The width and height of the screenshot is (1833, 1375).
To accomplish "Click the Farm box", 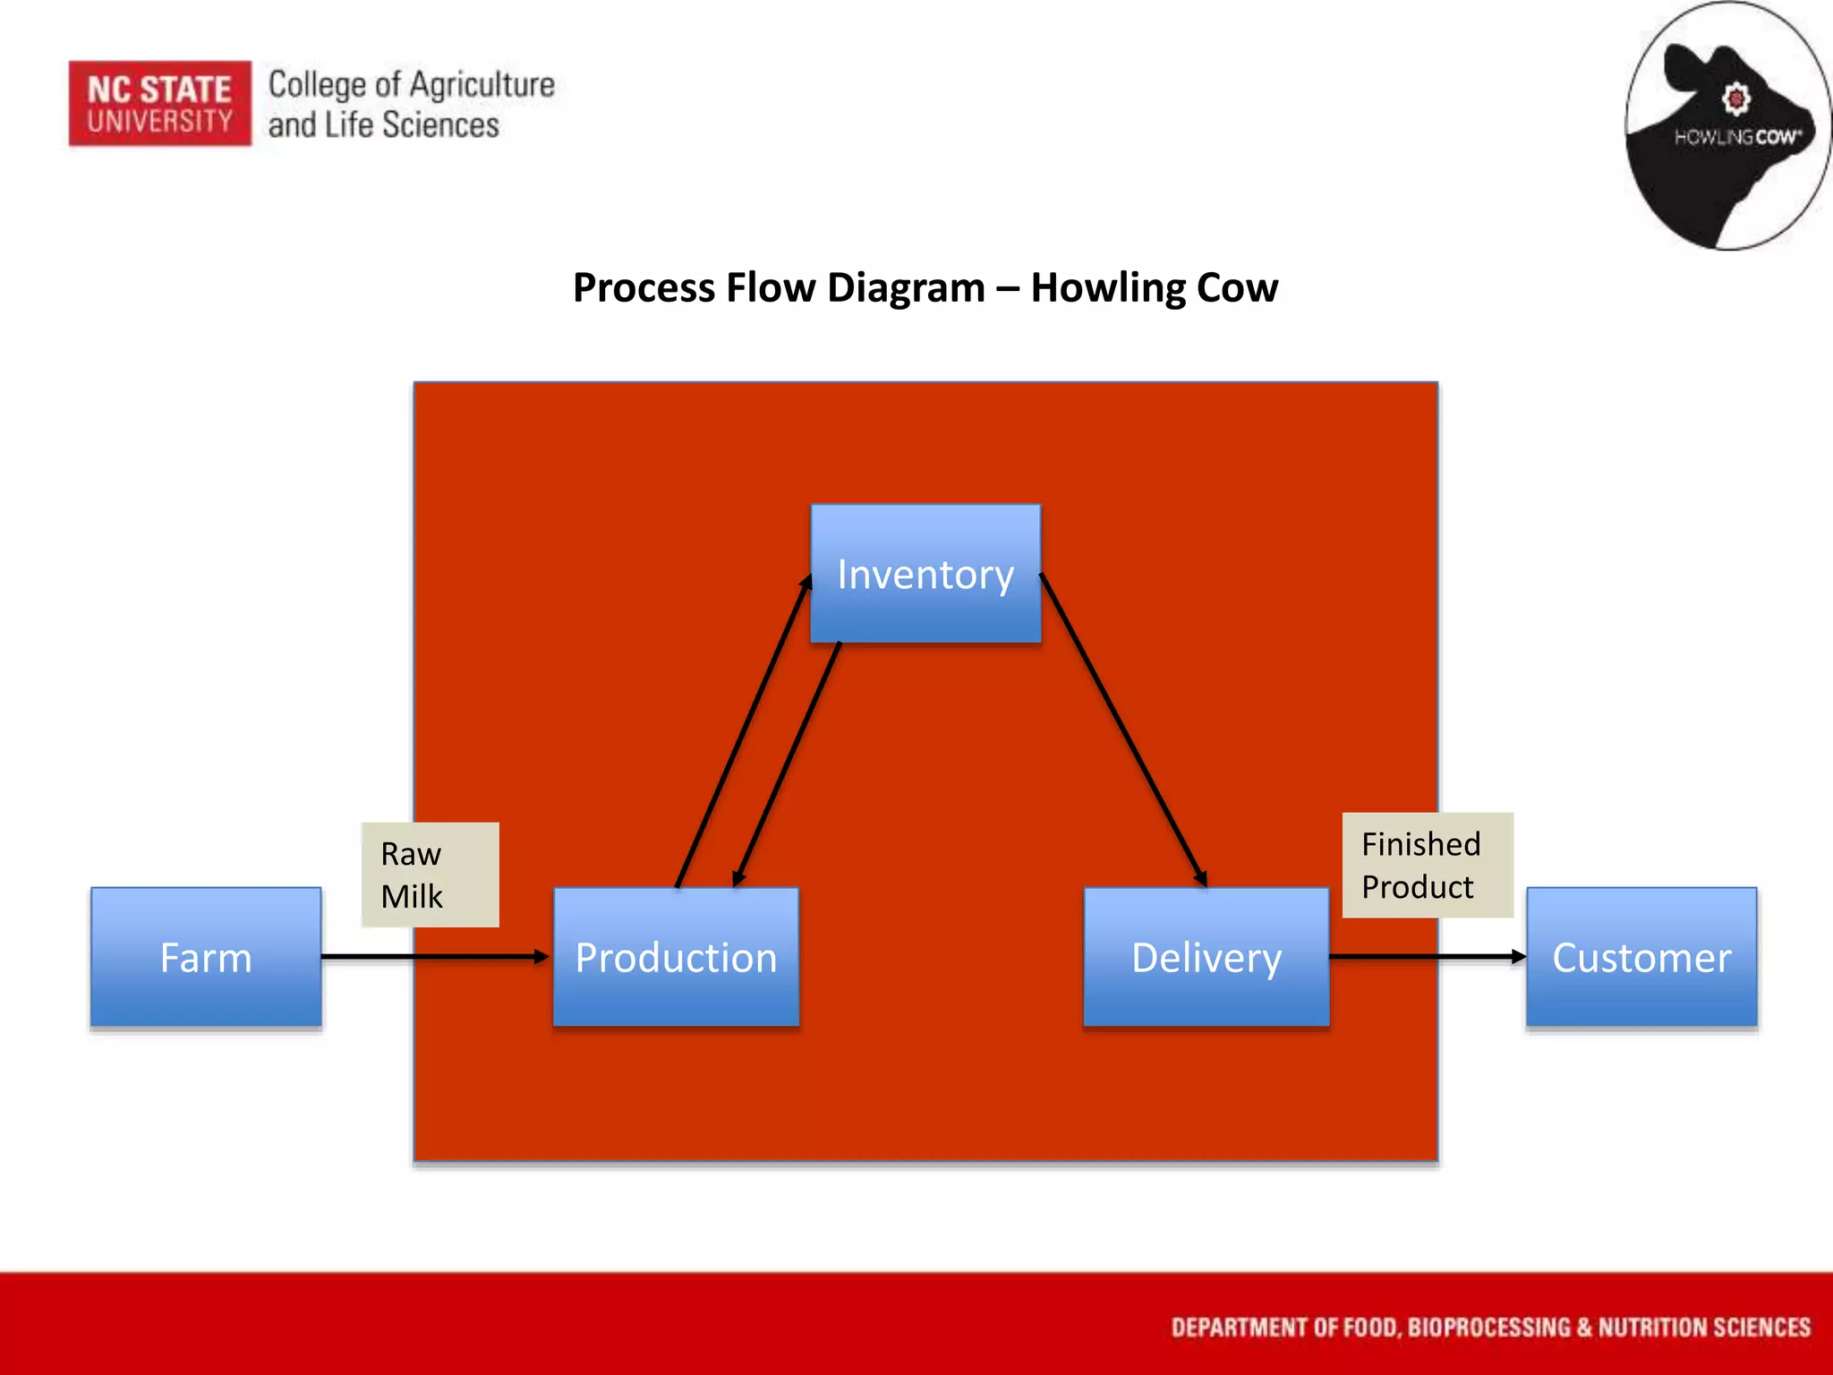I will (206, 956).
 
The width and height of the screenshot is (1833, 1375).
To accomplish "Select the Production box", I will (676, 956).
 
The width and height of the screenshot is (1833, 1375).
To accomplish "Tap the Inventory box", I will (925, 573).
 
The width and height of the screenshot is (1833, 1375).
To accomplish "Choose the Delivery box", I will (1206, 956).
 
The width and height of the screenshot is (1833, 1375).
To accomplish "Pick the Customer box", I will (1641, 956).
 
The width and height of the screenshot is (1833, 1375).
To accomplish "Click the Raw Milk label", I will (430, 875).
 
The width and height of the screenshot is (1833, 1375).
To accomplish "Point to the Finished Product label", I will (1427, 865).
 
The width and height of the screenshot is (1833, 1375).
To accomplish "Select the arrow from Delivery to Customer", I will (1427, 956).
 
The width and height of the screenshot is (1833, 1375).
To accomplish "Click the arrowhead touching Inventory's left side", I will (806, 582).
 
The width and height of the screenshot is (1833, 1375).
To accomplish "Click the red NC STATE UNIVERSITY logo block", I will (160, 104).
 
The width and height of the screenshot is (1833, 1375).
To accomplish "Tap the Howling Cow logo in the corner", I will (1727, 125).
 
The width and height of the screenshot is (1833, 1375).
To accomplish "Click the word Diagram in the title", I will (906, 288).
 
